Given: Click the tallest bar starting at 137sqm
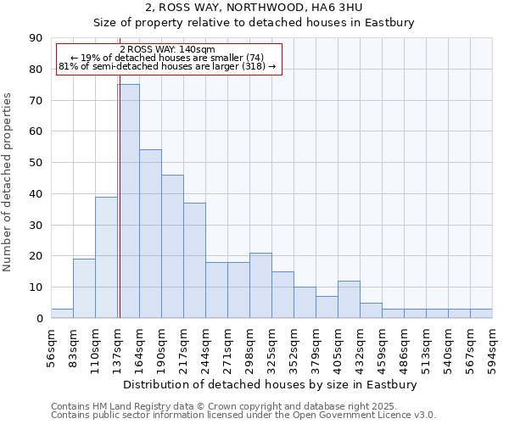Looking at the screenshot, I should [128, 201].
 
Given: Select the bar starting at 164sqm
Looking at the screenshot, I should [150, 234].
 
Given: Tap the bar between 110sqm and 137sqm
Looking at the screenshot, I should [106, 257].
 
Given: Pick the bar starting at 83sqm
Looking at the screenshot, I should [84, 288].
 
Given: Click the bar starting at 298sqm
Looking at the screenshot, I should [260, 285].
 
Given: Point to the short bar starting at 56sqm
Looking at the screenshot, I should [62, 314].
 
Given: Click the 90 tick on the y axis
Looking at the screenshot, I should [36, 38].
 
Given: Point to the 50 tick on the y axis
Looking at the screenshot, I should [36, 163].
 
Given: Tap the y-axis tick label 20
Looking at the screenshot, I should [36, 256].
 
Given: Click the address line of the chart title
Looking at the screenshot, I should [255, 8].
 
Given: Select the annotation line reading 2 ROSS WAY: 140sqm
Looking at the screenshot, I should [167, 50].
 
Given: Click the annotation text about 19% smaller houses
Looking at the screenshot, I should [167, 58].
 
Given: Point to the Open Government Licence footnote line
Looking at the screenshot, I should [243, 416].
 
